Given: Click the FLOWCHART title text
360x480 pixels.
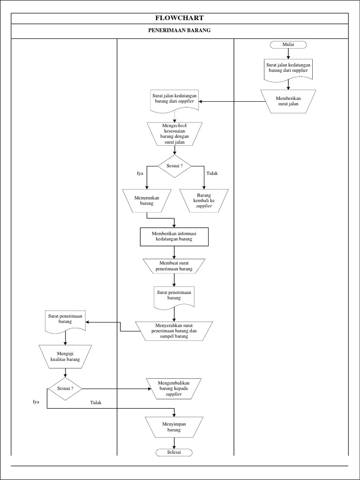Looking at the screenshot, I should click(180, 18).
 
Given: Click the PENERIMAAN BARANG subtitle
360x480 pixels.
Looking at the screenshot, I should click(180, 31).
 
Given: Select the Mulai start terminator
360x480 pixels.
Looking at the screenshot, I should click(288, 45).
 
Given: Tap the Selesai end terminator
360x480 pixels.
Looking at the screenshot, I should click(174, 452).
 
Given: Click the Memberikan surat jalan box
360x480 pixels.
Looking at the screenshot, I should click(288, 100).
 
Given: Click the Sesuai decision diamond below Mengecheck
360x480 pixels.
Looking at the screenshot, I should click(175, 166).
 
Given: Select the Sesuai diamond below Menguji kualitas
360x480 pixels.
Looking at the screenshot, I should click(65, 389).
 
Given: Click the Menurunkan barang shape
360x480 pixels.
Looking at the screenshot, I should click(147, 201).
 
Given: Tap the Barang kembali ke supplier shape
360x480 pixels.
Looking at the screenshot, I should click(204, 200).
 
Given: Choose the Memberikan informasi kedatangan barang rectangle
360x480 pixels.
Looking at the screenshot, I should click(175, 237).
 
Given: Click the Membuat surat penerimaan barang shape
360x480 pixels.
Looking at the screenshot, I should click(174, 266).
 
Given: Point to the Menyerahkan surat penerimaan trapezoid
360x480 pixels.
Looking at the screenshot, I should click(174, 330).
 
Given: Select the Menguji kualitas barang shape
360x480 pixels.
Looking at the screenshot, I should click(65, 356).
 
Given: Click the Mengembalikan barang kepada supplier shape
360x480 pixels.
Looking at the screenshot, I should click(174, 388).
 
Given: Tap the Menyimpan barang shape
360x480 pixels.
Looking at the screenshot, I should click(174, 427).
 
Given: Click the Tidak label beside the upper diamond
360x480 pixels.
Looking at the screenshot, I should click(212, 173).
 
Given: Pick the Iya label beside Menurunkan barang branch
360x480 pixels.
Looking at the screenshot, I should click(140, 173).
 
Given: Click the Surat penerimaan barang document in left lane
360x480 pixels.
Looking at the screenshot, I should click(65, 322).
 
